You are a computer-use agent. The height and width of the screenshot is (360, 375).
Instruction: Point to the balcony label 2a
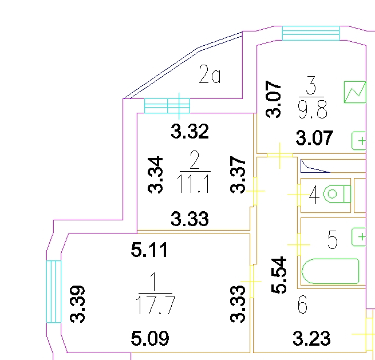[x=210, y=75]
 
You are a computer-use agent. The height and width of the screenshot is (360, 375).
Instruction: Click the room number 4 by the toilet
[x=314, y=195]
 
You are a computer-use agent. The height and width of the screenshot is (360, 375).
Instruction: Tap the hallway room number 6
[x=302, y=306]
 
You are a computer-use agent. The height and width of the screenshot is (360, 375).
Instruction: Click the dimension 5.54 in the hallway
[x=279, y=275]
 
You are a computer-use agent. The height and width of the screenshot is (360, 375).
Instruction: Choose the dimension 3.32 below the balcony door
[x=190, y=132]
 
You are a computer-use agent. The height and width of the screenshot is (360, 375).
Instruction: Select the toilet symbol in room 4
[x=335, y=194]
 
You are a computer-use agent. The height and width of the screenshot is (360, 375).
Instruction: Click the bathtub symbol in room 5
[x=330, y=271]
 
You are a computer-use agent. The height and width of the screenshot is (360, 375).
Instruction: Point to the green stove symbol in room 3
[x=355, y=92]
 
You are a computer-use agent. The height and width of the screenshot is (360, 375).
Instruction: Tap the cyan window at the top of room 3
[x=311, y=33]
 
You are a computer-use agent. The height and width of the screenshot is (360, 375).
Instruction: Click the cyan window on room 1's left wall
[x=53, y=291]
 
